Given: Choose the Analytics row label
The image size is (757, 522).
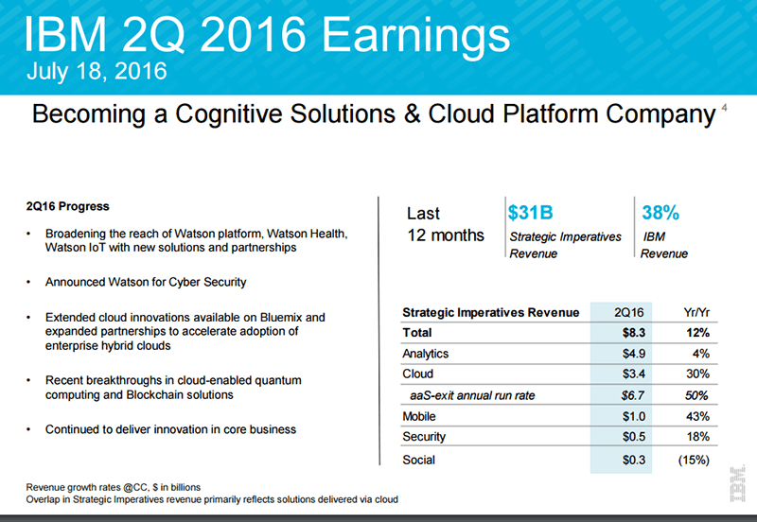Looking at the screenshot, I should [x=426, y=354].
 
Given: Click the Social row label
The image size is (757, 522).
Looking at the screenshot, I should [x=419, y=460].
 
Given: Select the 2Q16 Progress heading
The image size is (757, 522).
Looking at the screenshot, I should [x=67, y=205].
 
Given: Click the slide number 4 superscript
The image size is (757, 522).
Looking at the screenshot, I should [x=724, y=109].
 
